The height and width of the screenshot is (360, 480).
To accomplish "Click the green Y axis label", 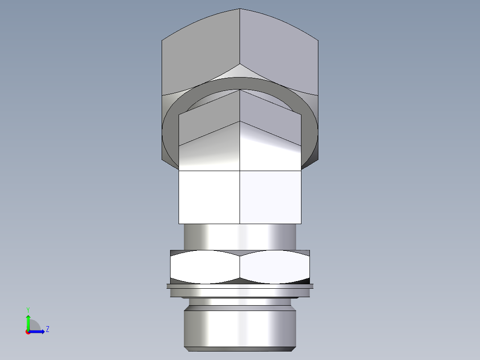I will point(28,309).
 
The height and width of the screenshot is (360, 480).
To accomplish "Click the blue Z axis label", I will point(47,329).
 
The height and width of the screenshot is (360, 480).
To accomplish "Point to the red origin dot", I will point(28,332).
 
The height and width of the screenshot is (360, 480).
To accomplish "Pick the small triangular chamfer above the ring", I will point(240,71).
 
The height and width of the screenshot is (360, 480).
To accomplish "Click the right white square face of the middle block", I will point(270,197).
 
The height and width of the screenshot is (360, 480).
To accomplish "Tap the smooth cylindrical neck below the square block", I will point(240,236).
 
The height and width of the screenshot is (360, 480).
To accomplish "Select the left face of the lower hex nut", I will point(205,267).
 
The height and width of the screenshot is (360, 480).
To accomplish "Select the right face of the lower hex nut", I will point(275,267).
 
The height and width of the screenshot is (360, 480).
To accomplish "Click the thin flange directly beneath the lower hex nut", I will point(240,286).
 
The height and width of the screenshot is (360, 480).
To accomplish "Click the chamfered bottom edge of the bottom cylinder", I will point(240,348).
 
